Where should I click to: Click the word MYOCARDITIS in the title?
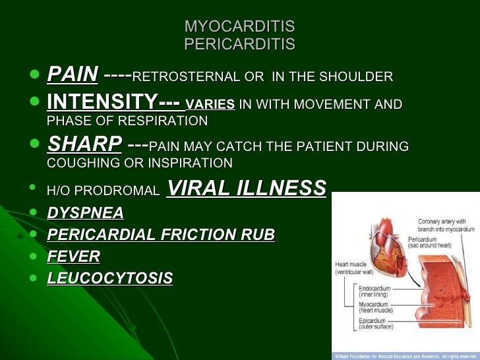click(239, 27)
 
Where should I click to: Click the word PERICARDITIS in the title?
click(239, 44)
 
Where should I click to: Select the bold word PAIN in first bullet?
click(73, 75)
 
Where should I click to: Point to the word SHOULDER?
click(357, 77)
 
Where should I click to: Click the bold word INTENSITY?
click(102, 102)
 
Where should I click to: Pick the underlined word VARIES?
click(210, 104)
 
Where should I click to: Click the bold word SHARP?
click(84, 144)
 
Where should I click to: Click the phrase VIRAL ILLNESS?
click(247, 189)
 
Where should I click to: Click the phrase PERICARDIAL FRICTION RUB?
click(161, 235)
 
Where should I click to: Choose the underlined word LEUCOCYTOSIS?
click(109, 278)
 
